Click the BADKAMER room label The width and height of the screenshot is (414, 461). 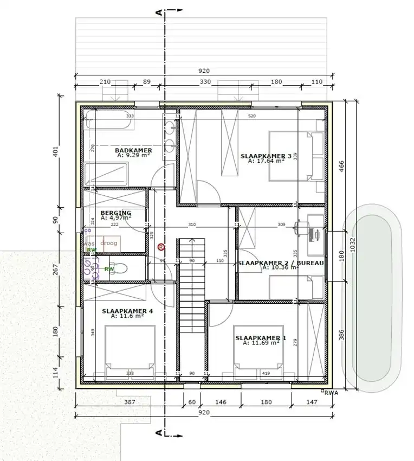click(x=133, y=150)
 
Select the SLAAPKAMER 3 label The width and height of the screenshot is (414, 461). click(x=266, y=156)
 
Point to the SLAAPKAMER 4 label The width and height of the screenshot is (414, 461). click(x=127, y=311)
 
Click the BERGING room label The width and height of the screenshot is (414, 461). click(x=116, y=213)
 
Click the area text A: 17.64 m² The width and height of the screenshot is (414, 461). click(x=266, y=161)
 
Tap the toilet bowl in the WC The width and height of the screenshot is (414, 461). click(x=121, y=268)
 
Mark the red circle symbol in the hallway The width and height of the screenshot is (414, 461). click(x=161, y=247)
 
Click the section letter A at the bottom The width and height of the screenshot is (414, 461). click(x=158, y=433)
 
